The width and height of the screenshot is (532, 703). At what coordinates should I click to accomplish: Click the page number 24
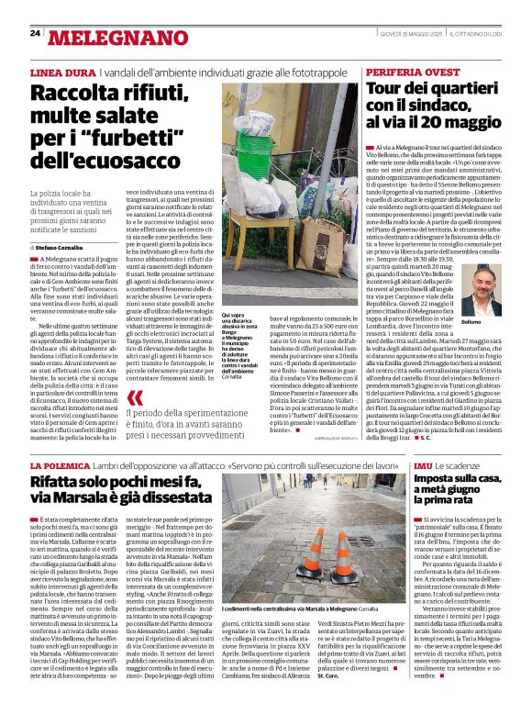point(35,33)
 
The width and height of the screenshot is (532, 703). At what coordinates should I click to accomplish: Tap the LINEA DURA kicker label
point(62,72)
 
